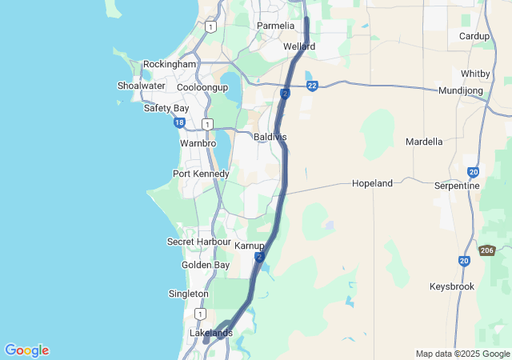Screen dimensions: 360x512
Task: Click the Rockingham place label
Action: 170,64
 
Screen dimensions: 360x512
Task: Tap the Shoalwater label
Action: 141,86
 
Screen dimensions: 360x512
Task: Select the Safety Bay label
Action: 166,108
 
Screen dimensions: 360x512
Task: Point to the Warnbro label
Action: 198,143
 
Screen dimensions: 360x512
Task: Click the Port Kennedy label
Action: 201,174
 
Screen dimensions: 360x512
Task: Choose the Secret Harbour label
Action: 198,242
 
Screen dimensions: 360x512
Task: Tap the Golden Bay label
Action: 206,265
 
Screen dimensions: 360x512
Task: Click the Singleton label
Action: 189,294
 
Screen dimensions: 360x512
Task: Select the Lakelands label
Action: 211,333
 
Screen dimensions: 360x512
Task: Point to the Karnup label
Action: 250,245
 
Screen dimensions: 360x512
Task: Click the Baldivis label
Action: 270,138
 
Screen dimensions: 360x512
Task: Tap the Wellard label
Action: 299,46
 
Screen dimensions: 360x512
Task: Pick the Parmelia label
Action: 276,26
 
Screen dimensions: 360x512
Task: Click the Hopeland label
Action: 373,183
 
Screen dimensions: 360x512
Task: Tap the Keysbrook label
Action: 452,286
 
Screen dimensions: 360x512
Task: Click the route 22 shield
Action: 312,86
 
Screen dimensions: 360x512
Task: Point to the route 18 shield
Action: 179,122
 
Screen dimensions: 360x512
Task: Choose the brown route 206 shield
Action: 486,250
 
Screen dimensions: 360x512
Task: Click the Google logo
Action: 26,350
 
